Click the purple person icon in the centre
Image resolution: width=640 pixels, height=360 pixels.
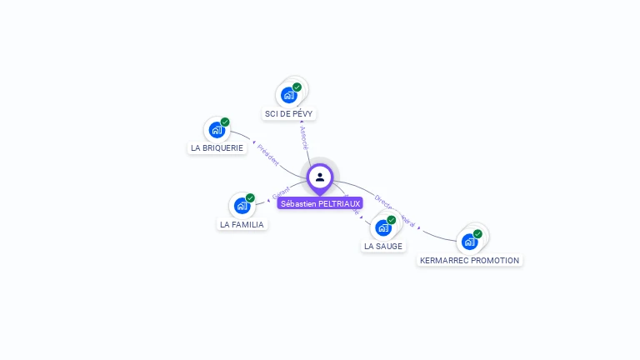[320, 177]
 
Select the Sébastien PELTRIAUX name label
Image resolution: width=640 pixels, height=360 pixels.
[320, 203]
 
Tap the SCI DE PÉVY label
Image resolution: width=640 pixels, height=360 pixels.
[290, 113]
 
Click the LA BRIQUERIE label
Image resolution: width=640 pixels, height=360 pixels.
[217, 148]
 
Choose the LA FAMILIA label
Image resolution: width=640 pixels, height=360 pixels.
[242, 224]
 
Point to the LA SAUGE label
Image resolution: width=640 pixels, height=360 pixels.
[383, 247]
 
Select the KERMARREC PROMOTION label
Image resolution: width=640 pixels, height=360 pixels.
[469, 260]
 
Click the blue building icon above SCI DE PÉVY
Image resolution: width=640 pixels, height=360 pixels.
[288, 95]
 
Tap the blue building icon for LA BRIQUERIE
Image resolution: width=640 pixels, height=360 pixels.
[217, 130]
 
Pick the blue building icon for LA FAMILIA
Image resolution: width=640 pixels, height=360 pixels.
[242, 206]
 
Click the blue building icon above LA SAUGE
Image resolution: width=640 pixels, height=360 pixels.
[382, 227]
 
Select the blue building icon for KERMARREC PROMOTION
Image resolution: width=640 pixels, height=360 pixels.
[469, 242]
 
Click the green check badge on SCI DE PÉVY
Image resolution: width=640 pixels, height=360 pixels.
[297, 87]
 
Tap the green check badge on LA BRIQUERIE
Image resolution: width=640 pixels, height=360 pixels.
[225, 122]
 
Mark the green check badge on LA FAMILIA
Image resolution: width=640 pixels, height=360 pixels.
[250, 198]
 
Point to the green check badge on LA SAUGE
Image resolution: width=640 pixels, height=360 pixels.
[392, 220]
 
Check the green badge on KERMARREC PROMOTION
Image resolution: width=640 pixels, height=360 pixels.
[477, 234]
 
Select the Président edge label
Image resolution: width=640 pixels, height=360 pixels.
[268, 154]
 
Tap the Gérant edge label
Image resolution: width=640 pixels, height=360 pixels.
[280, 193]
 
